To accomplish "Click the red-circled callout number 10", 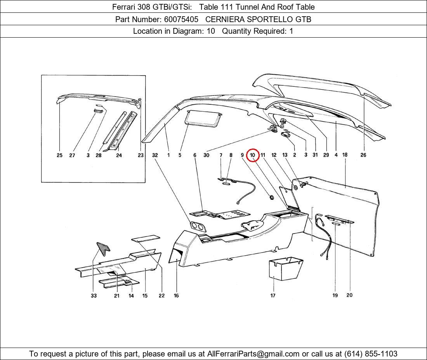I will pos(253,155).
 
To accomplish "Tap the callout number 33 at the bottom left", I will pos(94,296).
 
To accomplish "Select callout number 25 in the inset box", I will pos(59,155).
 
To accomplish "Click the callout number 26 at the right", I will pos(363,155).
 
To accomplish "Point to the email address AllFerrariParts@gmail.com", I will pos(253,354).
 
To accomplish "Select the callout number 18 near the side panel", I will pos(345,155).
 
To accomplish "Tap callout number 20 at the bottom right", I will pos(349,295).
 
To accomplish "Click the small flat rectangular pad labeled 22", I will pos(146,238).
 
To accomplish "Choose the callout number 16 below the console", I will pos(176,296).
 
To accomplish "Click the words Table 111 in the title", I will pos(219,7).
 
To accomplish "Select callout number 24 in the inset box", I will pos(119,155).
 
